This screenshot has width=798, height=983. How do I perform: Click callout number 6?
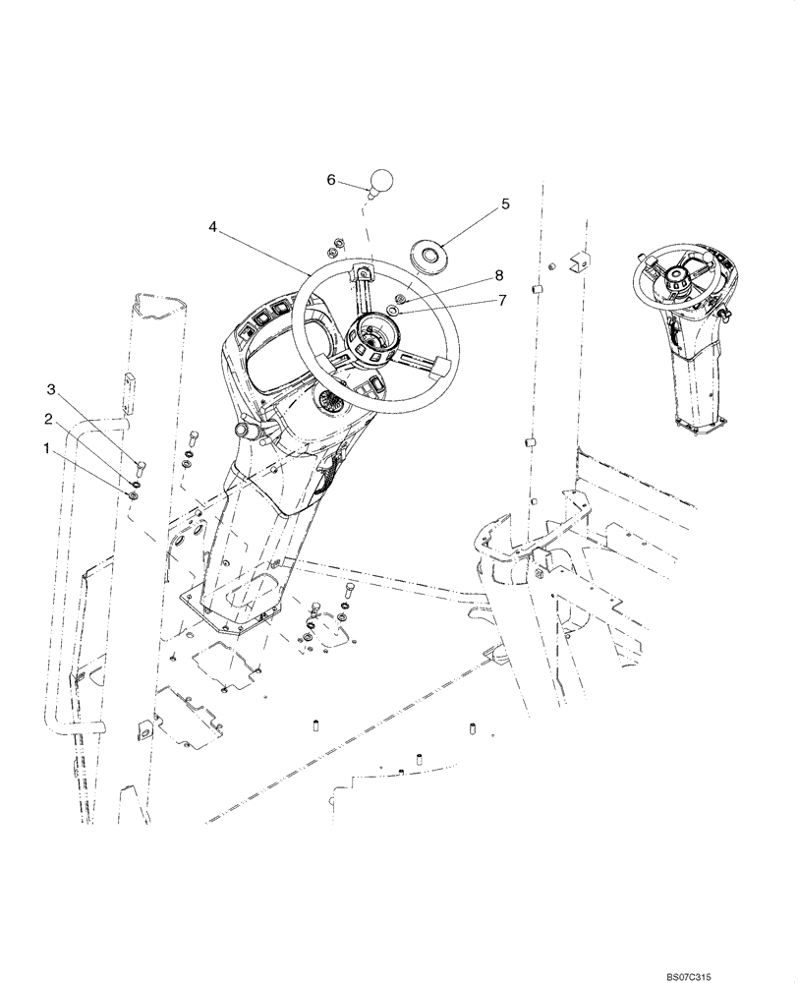pos(331,180)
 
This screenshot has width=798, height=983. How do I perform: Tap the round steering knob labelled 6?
pos(380,182)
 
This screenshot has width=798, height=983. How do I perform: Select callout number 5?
pos(505,204)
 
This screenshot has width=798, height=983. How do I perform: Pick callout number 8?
pos(499,276)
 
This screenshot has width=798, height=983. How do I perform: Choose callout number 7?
pos(501,300)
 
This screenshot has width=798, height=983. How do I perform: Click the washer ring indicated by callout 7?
pos(393,310)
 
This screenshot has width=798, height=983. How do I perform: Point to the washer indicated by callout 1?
pos(134,493)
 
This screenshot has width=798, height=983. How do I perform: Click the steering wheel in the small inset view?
pos(678,276)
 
